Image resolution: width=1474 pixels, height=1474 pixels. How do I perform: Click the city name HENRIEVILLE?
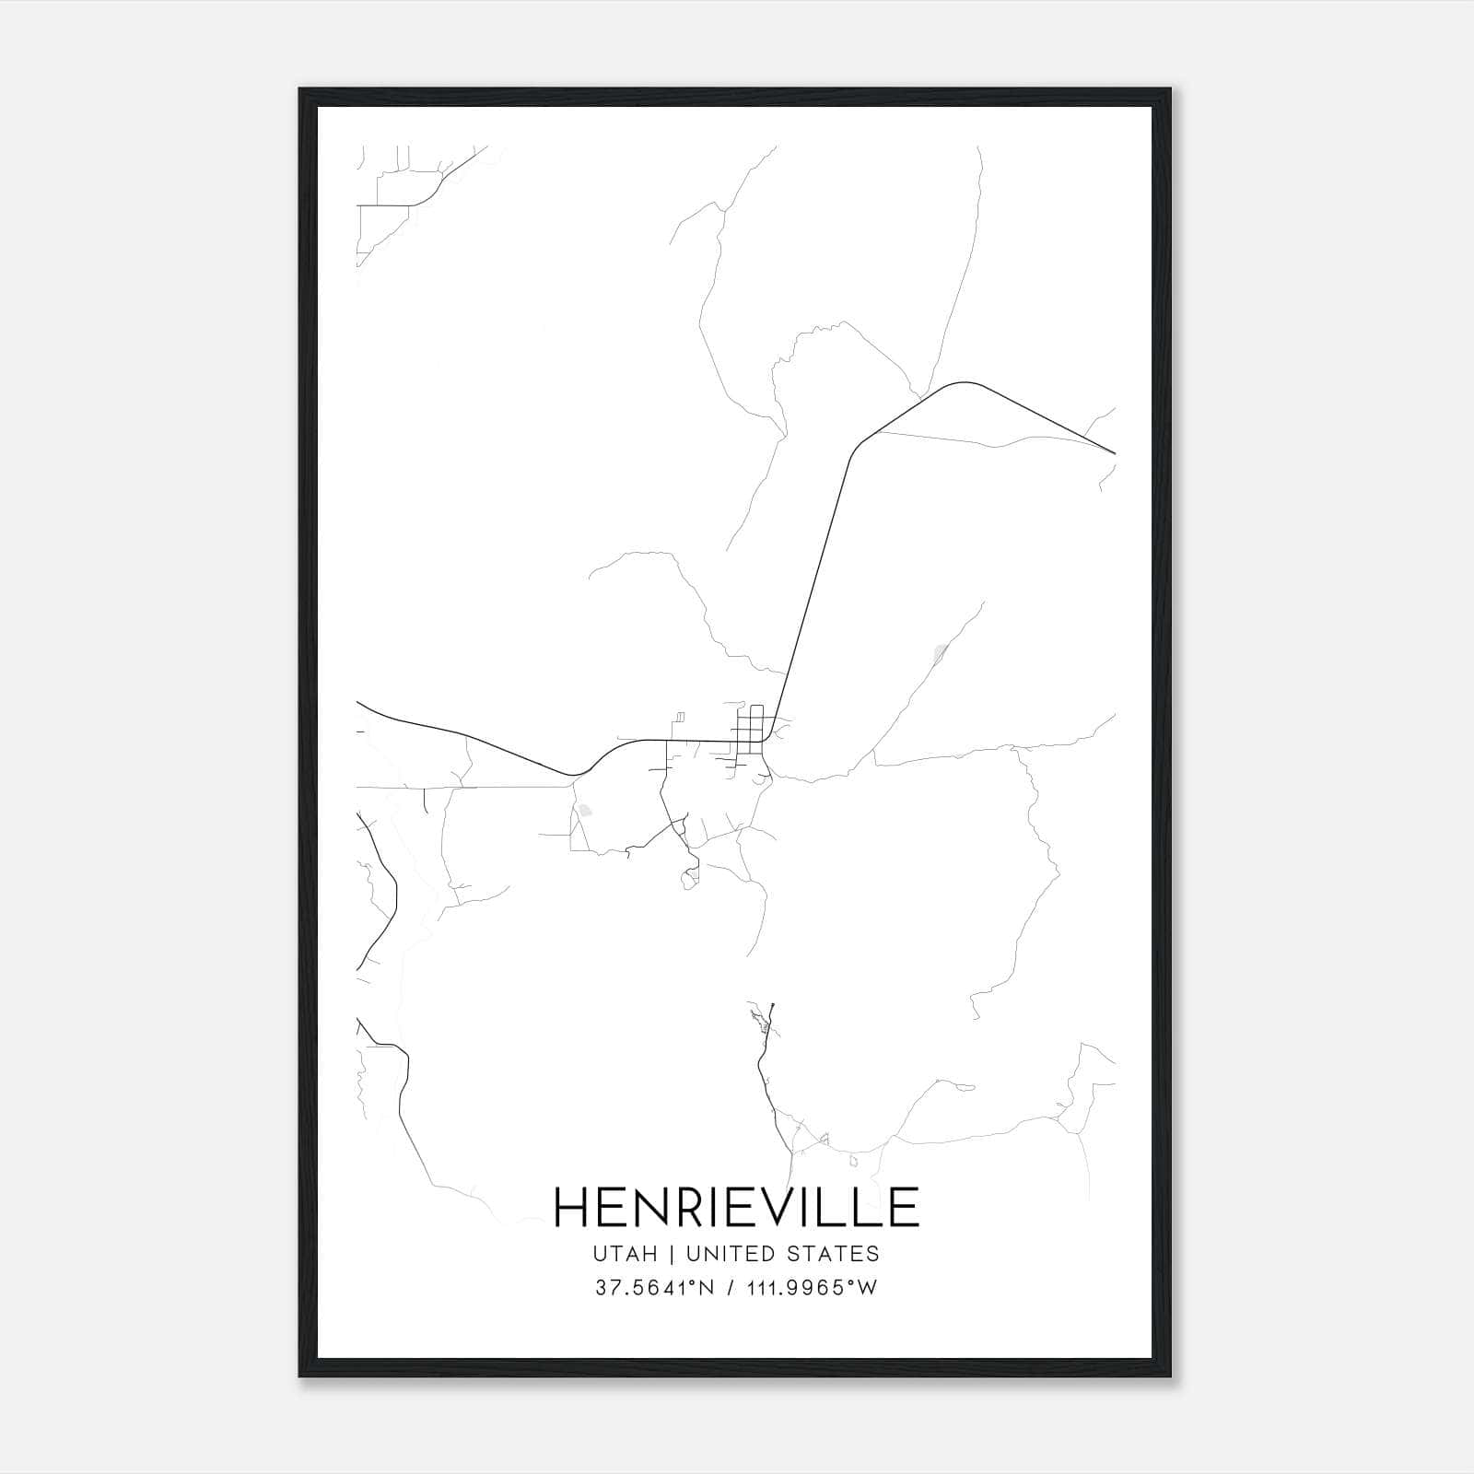point(736,1207)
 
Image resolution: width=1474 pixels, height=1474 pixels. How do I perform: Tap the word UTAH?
point(626,1254)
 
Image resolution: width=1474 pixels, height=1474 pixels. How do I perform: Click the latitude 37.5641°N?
point(656,1288)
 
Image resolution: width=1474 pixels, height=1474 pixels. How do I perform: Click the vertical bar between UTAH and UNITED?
point(672,1254)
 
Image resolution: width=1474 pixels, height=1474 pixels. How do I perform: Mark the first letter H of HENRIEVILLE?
point(572,1207)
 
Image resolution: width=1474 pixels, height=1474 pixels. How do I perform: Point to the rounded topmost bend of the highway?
point(965,382)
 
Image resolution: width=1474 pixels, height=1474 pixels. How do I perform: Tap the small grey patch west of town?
point(585,812)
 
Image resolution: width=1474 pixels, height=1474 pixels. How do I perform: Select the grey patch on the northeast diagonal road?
point(940,654)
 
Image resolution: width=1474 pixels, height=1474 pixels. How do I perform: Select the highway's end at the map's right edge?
point(1115,453)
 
